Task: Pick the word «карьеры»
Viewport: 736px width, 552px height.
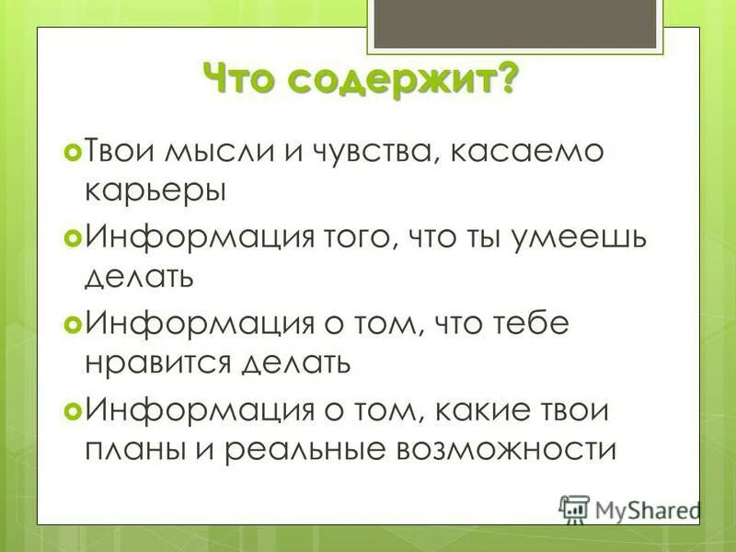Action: coord(155,191)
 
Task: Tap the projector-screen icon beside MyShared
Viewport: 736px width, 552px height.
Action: coord(574,509)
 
